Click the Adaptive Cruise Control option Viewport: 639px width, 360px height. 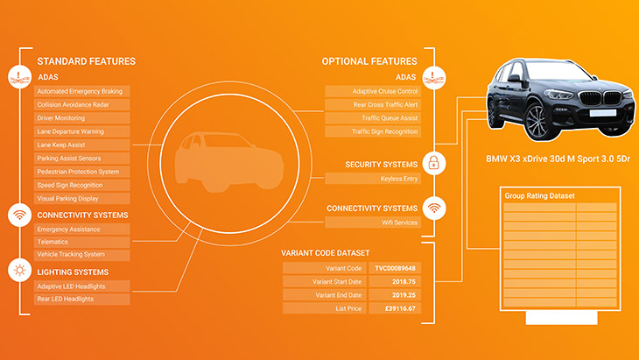pyautogui.click(x=372, y=91)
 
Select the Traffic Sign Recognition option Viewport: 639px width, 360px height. pyautogui.click(x=372, y=131)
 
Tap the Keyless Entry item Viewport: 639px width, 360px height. pyautogui.click(x=372, y=179)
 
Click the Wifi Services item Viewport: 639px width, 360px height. pyautogui.click(x=372, y=222)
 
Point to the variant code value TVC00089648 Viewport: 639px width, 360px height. pyautogui.click(x=393, y=268)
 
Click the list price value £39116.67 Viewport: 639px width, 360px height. pyautogui.click(x=393, y=308)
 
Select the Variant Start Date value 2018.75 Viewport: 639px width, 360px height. pyautogui.click(x=393, y=281)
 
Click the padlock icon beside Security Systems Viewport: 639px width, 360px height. pyautogui.click(x=432, y=163)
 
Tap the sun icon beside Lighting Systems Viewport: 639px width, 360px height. pyautogui.click(x=19, y=271)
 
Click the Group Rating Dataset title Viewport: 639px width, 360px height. pyautogui.click(x=539, y=195)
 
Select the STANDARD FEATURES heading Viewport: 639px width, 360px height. pyautogui.click(x=86, y=61)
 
